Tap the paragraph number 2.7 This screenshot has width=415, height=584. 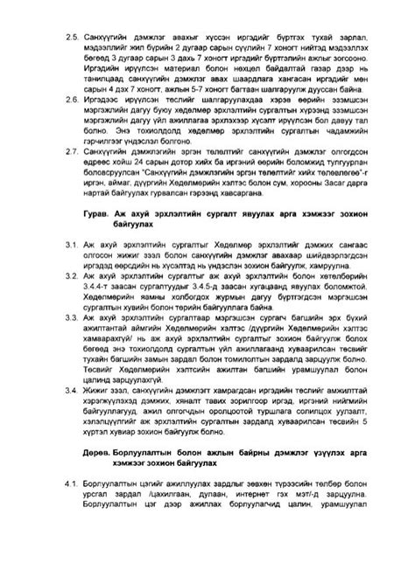pos(71,151)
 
